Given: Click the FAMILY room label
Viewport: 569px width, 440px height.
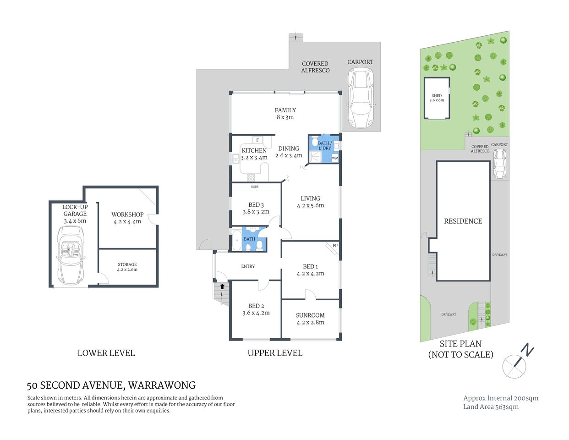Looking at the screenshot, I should (285, 110).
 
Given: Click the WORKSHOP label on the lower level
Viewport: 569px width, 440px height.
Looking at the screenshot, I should (127, 214).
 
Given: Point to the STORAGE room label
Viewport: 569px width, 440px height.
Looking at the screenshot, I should (127, 264).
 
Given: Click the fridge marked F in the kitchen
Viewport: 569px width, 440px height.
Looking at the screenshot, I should (257, 140).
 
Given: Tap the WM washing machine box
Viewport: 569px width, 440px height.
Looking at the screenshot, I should (334, 158).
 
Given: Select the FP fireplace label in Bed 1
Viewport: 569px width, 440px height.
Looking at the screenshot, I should (335, 246).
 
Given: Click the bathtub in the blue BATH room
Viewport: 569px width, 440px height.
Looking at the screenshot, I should (237, 240).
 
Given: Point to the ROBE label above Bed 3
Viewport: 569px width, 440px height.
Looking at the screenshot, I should (255, 187).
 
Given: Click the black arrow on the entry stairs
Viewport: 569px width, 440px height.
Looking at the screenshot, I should (223, 286).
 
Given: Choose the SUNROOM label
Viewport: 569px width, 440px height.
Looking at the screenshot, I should (310, 315).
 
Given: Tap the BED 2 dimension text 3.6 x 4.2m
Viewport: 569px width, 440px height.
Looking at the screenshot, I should (256, 313).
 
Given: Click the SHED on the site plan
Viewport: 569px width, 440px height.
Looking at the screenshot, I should (437, 98).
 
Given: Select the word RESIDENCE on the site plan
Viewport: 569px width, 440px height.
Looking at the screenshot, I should (463, 221).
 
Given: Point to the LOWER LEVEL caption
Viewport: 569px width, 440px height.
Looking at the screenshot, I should (106, 353).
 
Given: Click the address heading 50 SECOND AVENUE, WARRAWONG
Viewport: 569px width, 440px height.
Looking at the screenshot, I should (111, 385).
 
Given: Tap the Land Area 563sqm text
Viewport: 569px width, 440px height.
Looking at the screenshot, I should (491, 407).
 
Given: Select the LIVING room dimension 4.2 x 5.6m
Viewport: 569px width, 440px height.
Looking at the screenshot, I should (310, 205).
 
